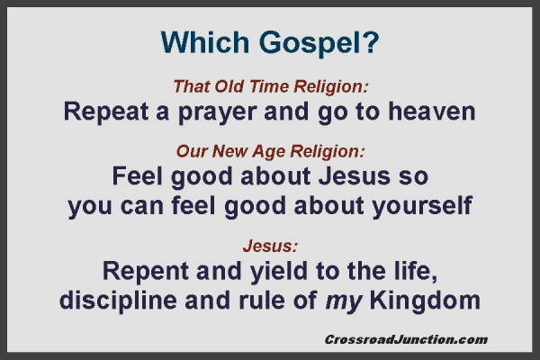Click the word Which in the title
pyautogui.click(x=199, y=41)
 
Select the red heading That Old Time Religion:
pyautogui.click(x=271, y=87)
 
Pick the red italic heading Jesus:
pyautogui.click(x=270, y=245)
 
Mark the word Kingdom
pyautogui.click(x=432, y=300)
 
